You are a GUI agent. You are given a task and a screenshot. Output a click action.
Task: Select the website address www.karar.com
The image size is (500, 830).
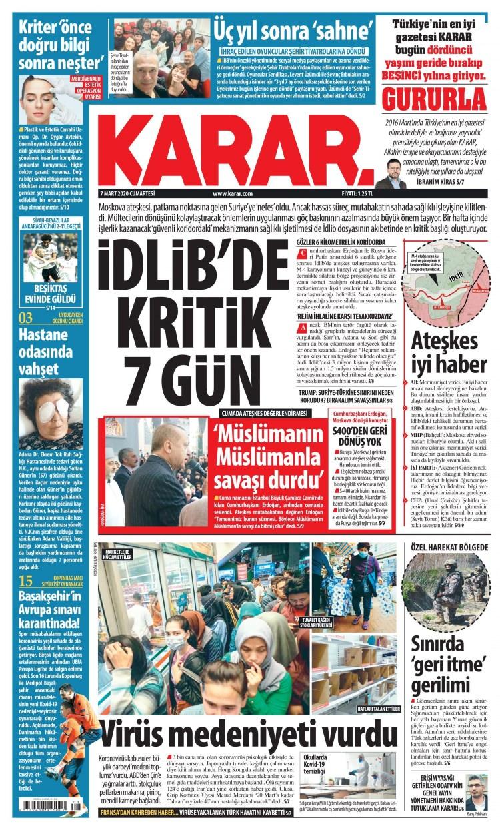tap(233, 193)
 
